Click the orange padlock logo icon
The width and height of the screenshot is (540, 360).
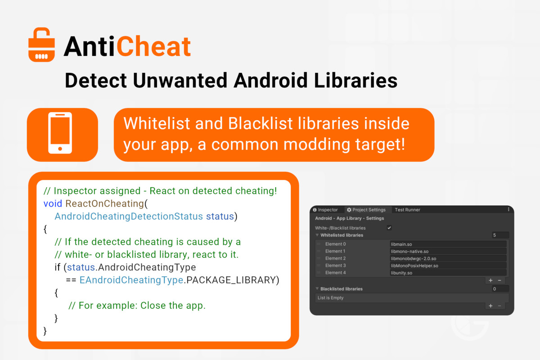tap(41, 45)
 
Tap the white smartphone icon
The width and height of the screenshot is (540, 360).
tap(60, 133)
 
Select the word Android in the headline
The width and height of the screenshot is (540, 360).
tap(270, 81)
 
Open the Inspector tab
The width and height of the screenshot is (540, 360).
tap(325, 210)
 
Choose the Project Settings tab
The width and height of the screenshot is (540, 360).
tap(366, 210)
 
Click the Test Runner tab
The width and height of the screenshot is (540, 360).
tap(407, 210)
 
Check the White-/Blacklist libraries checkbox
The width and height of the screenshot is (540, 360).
tap(389, 228)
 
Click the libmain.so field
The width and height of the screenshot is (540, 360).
tap(448, 244)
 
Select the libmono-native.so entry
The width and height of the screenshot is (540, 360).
tap(448, 252)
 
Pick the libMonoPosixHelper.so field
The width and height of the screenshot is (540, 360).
tap(448, 265)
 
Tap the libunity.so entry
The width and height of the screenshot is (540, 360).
tap(448, 273)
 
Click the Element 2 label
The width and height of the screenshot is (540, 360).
tap(335, 258)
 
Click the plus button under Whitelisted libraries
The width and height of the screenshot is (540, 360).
tap(490, 280)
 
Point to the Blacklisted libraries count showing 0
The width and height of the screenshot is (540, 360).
tap(500, 289)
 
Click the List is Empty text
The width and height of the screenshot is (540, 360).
tap(330, 298)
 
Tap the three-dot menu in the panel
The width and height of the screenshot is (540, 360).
tap(508, 210)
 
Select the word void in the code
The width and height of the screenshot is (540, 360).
tap(53, 204)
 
